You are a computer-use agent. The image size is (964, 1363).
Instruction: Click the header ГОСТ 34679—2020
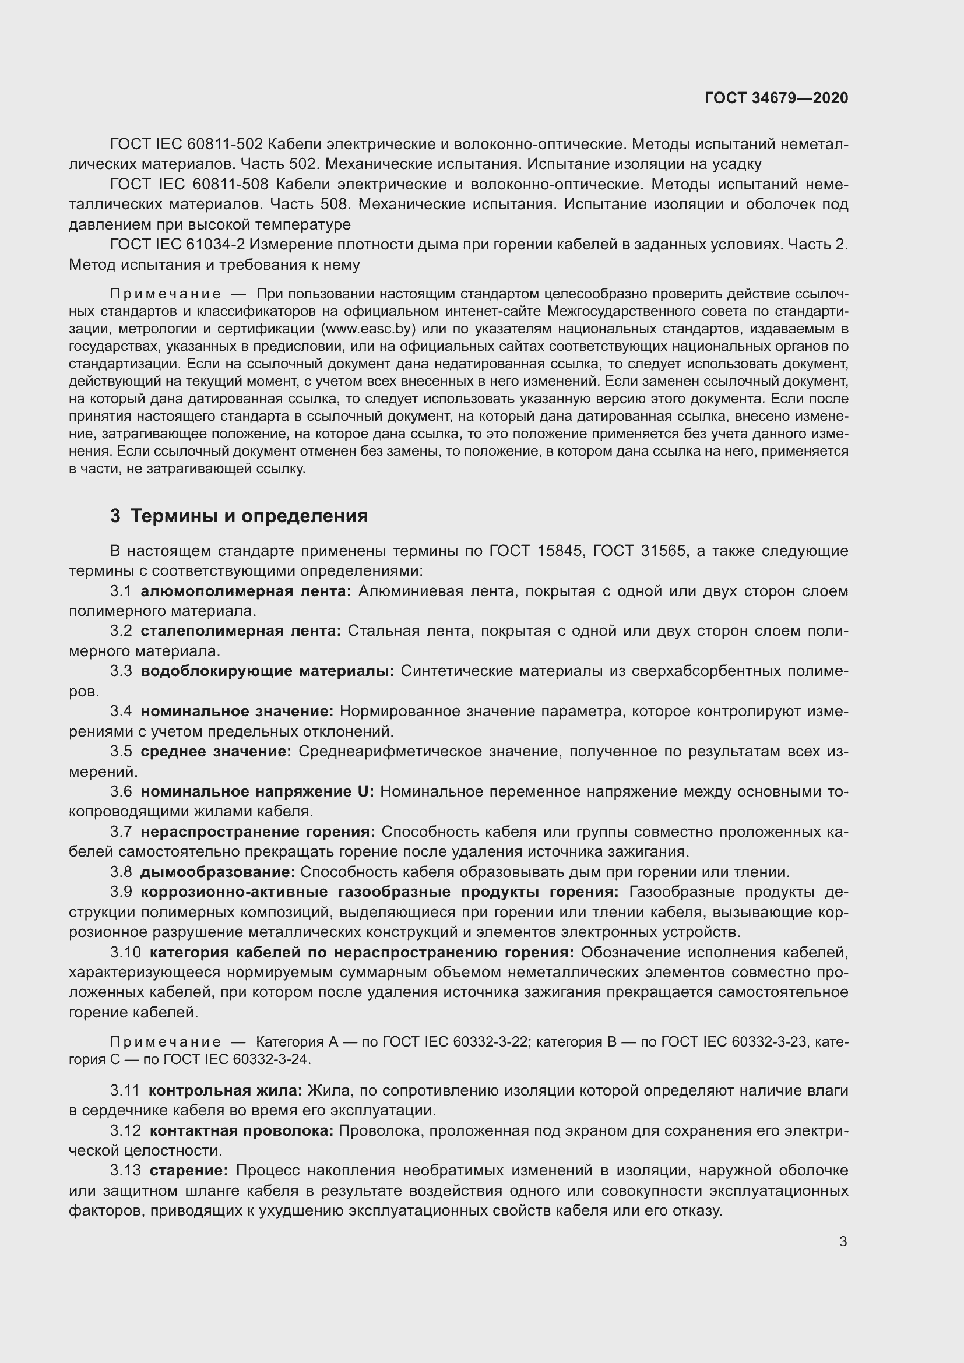click(x=776, y=98)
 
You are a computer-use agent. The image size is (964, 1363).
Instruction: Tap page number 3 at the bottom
click(x=843, y=1242)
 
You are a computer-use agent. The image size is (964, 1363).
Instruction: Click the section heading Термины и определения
click(x=249, y=516)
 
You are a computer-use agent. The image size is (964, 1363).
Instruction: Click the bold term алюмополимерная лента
click(x=246, y=591)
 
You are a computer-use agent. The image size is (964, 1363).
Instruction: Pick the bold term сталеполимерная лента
click(x=240, y=631)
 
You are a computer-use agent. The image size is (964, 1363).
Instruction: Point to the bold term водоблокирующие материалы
click(x=267, y=671)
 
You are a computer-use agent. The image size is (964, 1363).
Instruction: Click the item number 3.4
click(x=121, y=711)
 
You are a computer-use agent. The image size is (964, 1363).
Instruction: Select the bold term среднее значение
click(x=216, y=752)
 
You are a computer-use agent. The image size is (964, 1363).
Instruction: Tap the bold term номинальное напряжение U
click(x=257, y=791)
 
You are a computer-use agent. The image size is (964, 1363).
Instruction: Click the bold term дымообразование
click(x=217, y=872)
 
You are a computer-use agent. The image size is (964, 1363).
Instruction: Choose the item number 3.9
click(x=121, y=892)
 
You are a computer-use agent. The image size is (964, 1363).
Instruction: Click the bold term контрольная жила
click(x=225, y=1090)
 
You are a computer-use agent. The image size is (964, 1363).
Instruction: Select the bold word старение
click(x=189, y=1171)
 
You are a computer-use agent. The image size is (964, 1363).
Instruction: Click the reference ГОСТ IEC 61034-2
click(x=178, y=245)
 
